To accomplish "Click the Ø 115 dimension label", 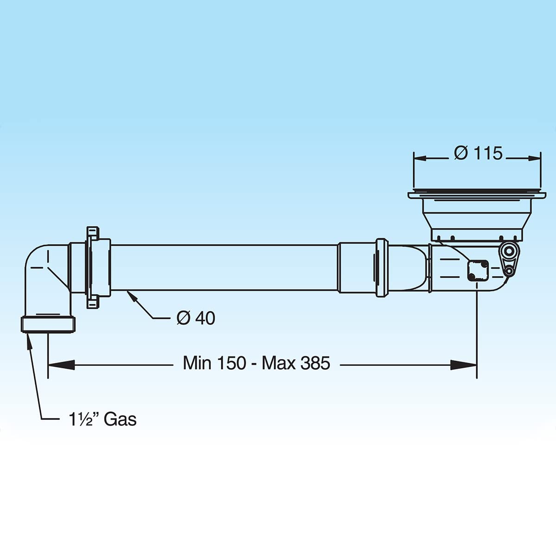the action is [478, 153].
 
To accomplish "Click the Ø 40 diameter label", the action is [196, 318].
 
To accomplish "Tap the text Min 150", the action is [215, 363].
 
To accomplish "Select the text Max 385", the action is [296, 363].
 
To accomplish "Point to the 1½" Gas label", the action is [102, 419].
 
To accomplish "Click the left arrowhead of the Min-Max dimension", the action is [61, 365].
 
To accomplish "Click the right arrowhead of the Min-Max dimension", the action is [463, 365].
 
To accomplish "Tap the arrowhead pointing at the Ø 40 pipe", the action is [132, 296].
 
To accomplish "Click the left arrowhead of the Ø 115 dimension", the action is [420, 158].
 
